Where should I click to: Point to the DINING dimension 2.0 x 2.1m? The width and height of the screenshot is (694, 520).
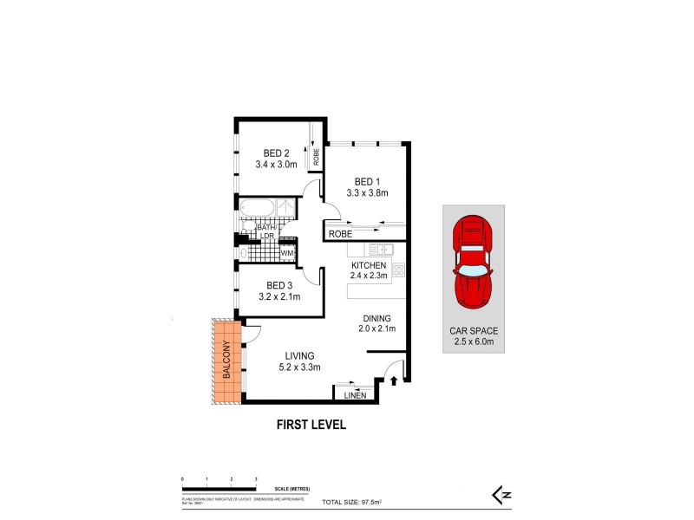click(376, 328)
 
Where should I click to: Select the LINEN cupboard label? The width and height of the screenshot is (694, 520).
click(356, 396)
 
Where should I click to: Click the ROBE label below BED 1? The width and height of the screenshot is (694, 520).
click(341, 233)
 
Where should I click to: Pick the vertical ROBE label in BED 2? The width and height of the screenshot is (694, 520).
click(317, 157)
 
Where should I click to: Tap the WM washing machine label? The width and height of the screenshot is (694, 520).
click(286, 253)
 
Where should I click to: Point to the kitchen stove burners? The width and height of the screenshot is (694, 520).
click(398, 270)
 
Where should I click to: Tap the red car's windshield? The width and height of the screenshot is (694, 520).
click(473, 271)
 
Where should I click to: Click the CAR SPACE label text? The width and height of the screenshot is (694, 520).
click(473, 331)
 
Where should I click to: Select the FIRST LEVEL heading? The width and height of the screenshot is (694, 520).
click(311, 425)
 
